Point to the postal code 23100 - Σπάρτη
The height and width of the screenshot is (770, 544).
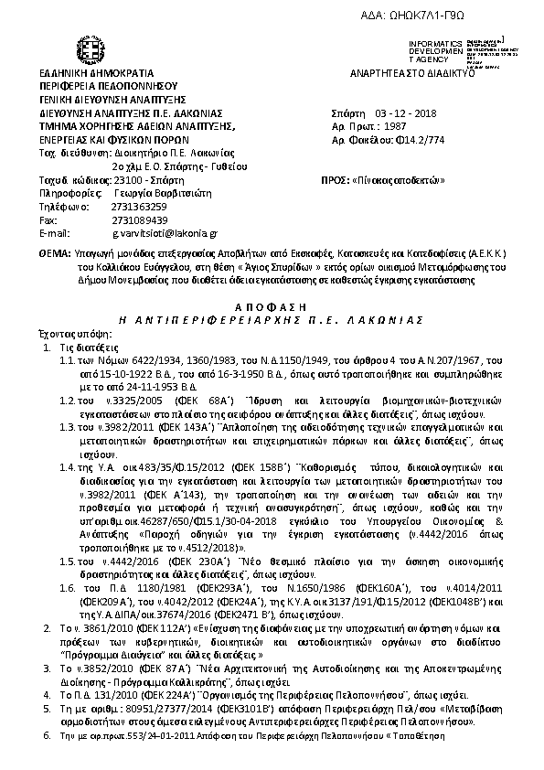tap(136, 180)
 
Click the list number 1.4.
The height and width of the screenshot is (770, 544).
tap(67, 467)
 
